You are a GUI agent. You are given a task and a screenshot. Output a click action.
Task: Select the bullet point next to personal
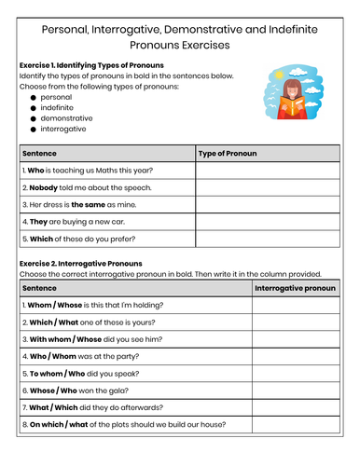coord(34,97)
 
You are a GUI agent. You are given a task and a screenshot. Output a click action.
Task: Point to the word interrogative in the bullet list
coord(68,130)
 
